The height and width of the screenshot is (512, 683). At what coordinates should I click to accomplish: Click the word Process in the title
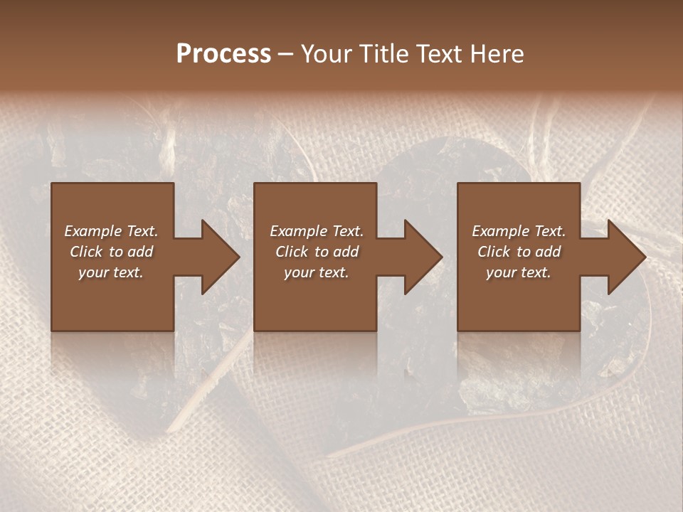pos(223,54)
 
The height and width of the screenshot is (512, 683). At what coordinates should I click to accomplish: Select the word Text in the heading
pos(440,54)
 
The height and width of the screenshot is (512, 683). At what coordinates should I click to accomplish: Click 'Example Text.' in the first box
pos(111,231)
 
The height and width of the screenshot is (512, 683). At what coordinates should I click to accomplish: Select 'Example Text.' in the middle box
pos(317,231)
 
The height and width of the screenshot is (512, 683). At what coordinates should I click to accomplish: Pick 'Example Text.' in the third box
pos(519,231)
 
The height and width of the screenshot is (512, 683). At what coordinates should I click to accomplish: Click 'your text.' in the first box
pos(111,272)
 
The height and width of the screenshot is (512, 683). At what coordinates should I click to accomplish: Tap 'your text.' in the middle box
pos(317,272)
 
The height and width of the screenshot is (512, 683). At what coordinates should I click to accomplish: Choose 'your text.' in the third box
pos(519,272)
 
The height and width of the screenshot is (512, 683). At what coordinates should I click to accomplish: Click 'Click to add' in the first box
pos(111,252)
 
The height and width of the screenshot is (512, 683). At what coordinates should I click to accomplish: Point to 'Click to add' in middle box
pos(317,252)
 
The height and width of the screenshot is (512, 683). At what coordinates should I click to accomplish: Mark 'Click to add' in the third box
pos(519,252)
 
